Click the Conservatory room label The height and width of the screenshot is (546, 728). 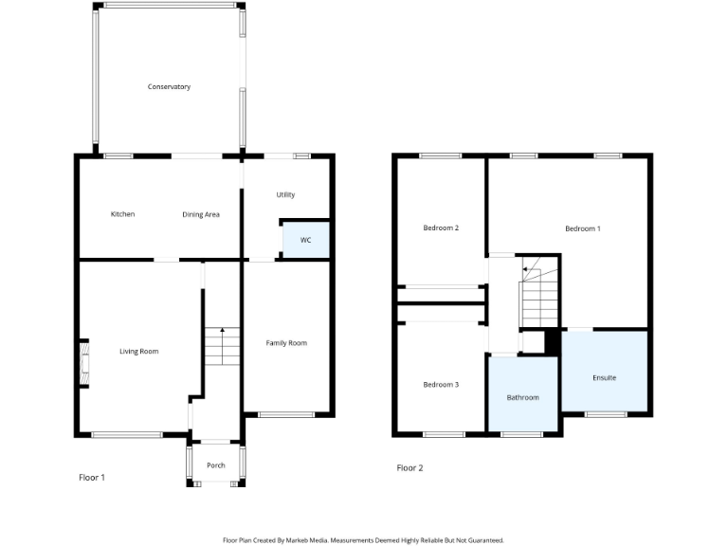click(169, 87)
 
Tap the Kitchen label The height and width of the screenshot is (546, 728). click(122, 214)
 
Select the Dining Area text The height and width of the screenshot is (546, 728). click(201, 214)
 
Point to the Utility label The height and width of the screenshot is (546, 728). click(285, 194)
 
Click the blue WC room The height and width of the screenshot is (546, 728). click(305, 240)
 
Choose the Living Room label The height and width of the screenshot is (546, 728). click(138, 352)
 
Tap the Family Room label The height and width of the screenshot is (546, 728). click(286, 343)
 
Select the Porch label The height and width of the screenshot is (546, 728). click(216, 464)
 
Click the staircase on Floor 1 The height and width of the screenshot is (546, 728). click(221, 347)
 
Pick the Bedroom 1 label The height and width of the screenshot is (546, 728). click(582, 228)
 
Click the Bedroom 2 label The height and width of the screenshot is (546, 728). click(441, 228)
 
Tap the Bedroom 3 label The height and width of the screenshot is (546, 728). click(441, 384)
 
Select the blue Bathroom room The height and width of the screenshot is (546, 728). click(522, 395)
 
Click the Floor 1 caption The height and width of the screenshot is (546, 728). click(91, 478)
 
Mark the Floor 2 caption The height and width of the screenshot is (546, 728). click(409, 468)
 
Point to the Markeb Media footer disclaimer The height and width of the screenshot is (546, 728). click(363, 539)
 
